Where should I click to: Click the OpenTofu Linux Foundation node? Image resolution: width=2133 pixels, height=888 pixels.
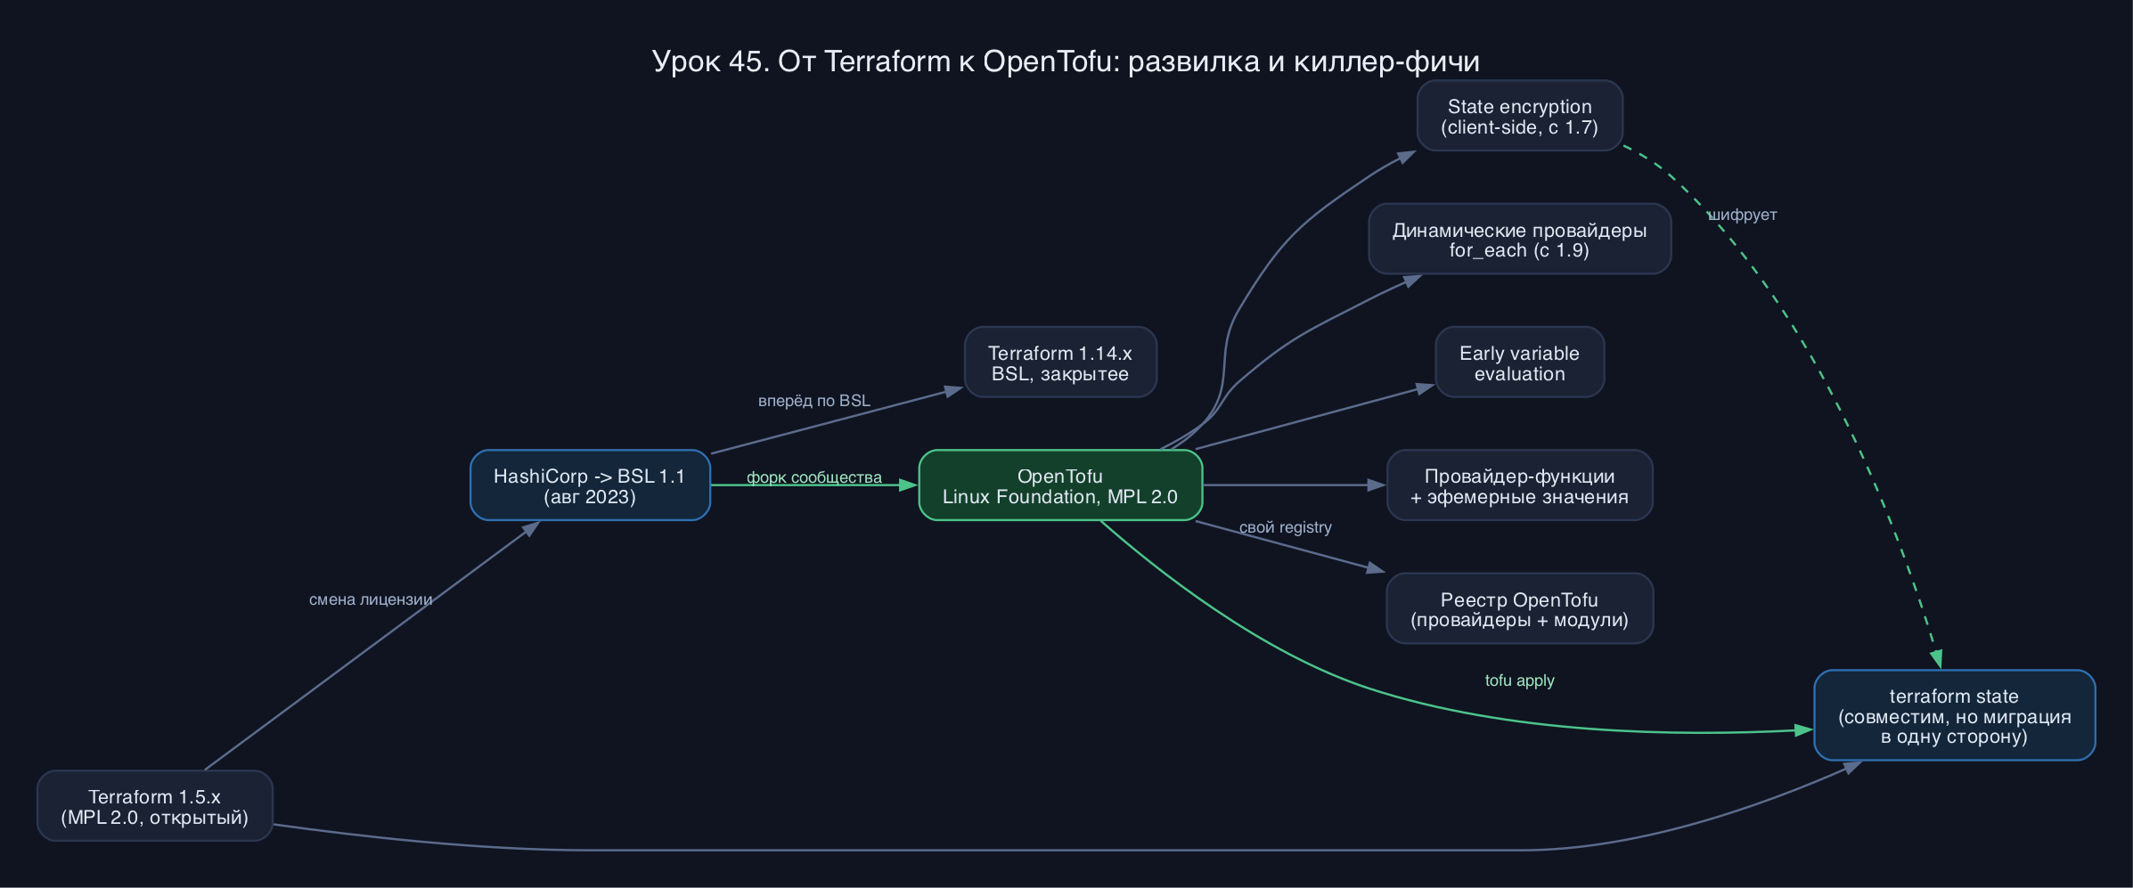coord(1060,485)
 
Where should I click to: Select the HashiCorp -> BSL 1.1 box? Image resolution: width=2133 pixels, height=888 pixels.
coord(590,485)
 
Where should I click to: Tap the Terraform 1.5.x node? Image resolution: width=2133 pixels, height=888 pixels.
coord(154,806)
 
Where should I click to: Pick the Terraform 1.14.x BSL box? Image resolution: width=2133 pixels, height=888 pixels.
coord(1060,363)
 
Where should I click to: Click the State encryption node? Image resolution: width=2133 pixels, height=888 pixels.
coord(1519,116)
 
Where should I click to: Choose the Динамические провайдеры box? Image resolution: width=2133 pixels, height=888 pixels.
coord(1519,239)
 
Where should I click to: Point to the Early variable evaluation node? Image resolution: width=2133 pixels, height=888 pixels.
coord(1519,363)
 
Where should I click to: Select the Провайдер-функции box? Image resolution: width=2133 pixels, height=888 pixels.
coord(1519,485)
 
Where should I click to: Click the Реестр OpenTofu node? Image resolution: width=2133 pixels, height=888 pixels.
coord(1519,608)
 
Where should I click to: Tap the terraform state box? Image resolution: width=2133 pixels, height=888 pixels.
coord(1954,715)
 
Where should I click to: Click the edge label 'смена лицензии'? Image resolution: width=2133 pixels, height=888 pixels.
coord(371,599)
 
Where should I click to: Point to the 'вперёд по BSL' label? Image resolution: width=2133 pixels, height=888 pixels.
coord(814,401)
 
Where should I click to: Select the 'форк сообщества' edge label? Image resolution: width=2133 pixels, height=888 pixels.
coord(814,477)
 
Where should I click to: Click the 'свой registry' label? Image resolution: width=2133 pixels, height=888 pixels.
coord(1286,527)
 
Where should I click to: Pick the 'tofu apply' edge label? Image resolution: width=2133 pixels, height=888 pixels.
coord(1519,680)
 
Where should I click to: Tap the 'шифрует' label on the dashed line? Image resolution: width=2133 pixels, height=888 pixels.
coord(1742,215)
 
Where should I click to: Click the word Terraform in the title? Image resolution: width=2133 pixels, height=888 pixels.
coord(887,61)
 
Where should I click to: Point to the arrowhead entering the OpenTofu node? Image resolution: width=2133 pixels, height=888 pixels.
coord(909,485)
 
